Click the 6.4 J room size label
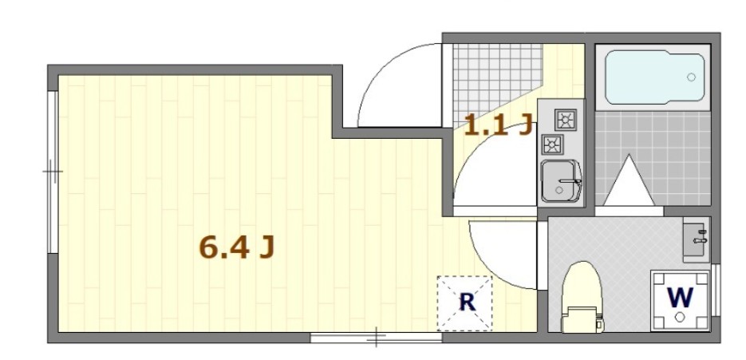point(236,248)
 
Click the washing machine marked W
point(679,300)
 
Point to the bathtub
point(653,78)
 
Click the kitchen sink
point(561,181)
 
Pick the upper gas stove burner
point(566,120)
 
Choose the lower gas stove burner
point(552,143)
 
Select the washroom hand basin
point(696,239)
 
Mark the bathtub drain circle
point(691,77)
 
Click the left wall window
point(53,170)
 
